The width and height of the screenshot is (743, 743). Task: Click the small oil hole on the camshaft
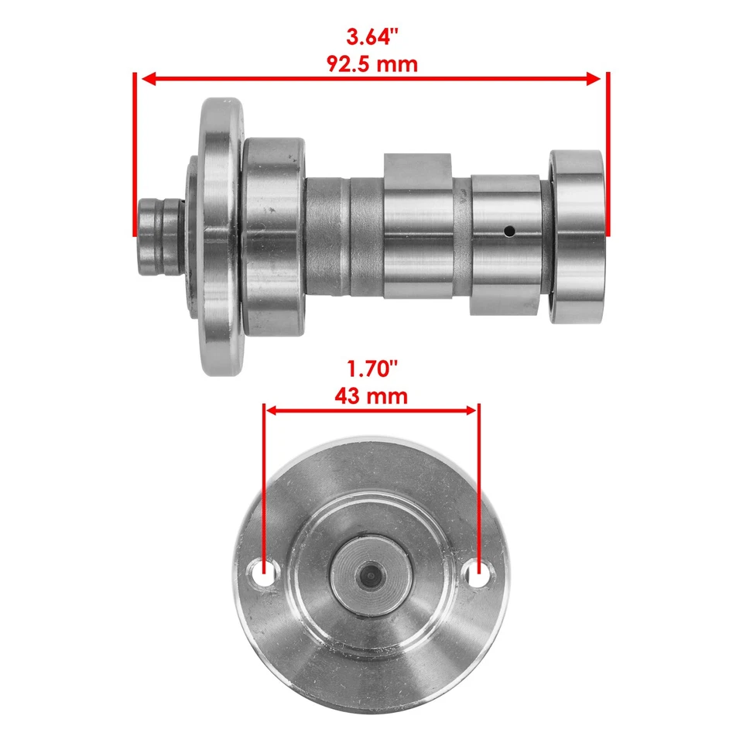pos(508,231)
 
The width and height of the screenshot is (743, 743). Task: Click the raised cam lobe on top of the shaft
pos(416,165)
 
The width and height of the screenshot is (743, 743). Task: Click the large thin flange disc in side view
pos(220,236)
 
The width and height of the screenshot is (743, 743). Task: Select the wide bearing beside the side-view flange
pos(274,237)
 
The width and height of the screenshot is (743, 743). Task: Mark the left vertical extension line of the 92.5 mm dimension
pos(135,155)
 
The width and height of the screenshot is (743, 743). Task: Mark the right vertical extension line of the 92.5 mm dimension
pos(608,155)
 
